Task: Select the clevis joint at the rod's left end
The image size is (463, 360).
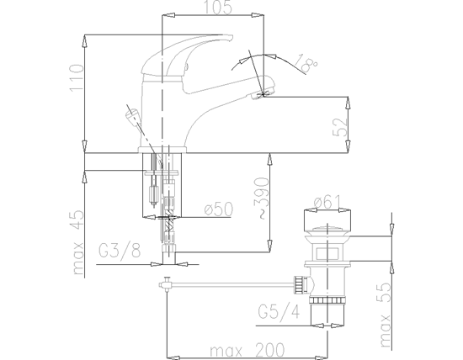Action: (x=168, y=283)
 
